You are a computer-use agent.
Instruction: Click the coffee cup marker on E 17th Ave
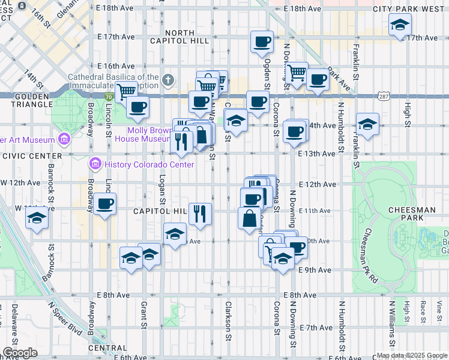coord(262,42)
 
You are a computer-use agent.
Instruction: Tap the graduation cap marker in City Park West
coord(399,25)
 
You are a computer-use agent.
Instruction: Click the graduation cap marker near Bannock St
coord(37,218)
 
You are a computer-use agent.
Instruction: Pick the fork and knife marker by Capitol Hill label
coord(200,213)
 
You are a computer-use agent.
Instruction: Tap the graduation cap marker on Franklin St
coord(367,125)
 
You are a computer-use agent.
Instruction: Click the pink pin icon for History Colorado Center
coord(95,164)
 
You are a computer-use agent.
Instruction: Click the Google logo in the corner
coord(20,353)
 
